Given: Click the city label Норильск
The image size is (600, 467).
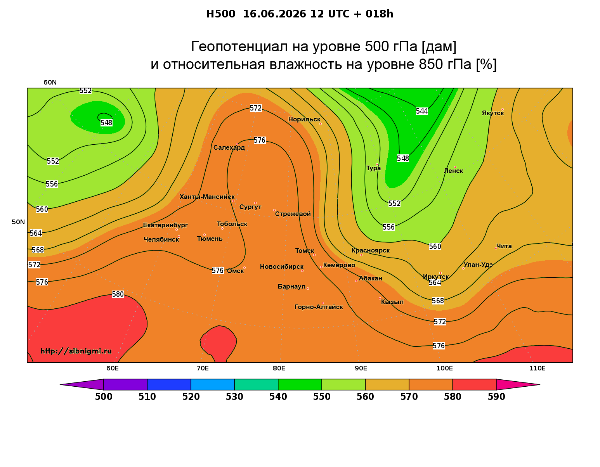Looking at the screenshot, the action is click(304, 119).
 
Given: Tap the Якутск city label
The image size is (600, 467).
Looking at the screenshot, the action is click(492, 113).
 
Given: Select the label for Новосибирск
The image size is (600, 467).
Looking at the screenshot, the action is click(282, 266).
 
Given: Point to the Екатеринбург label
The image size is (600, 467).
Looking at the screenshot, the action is click(165, 225).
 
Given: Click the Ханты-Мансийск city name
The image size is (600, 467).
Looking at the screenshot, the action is click(207, 197).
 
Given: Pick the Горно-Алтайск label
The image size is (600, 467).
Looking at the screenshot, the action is click(319, 307).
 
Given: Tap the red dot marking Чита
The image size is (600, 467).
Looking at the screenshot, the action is click(496, 248).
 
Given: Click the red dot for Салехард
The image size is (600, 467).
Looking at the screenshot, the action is click(237, 144).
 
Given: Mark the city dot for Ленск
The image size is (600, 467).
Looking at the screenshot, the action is click(455, 167).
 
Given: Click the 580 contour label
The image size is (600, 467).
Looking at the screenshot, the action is click(118, 294).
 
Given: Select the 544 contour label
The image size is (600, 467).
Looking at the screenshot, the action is click(422, 111).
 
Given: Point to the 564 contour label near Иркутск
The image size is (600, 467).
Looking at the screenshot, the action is click(435, 282).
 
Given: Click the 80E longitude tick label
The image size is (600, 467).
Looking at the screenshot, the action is click(279, 368).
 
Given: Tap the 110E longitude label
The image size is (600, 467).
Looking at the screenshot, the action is click(537, 368).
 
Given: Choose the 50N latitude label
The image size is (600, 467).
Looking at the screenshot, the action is click(18, 222).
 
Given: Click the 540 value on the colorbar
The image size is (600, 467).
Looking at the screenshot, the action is click(278, 396).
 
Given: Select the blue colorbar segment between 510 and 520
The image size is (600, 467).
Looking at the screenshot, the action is click(169, 384).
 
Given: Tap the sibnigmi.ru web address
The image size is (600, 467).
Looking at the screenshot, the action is click(76, 351).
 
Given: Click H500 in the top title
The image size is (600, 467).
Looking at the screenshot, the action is click(220, 14).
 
